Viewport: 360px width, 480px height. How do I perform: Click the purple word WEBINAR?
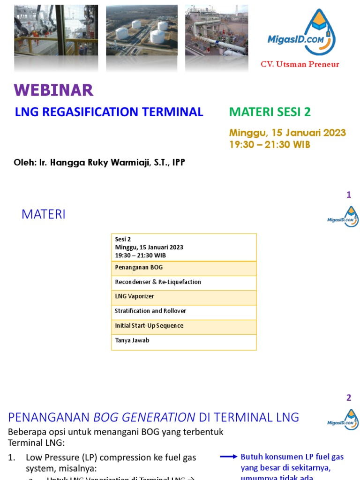pos(53,90)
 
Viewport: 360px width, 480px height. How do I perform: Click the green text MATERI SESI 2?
pos(270,112)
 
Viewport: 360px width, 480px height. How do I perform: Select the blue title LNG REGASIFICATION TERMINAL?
pos(109,112)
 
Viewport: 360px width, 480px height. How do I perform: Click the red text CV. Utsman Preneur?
pos(300,64)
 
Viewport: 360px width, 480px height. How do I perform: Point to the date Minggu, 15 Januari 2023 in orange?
pos(287,133)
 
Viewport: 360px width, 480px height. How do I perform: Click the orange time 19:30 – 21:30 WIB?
pos(270,144)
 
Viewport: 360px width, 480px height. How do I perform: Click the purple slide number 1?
pos(349,195)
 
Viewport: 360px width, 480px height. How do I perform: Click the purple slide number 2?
pos(349,398)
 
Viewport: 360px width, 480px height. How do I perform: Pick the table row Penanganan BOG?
pos(184,268)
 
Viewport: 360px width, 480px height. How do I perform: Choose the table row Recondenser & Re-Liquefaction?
pos(184,282)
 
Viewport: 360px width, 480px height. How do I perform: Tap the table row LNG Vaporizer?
pos(184,297)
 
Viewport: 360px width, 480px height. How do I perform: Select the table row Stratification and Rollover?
pos(184,311)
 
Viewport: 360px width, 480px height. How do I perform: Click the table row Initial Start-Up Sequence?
pos(184,326)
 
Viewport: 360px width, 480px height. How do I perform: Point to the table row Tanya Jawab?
pos(184,341)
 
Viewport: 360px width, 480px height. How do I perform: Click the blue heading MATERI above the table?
pos(44,215)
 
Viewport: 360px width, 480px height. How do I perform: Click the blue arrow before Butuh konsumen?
pos(229,456)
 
